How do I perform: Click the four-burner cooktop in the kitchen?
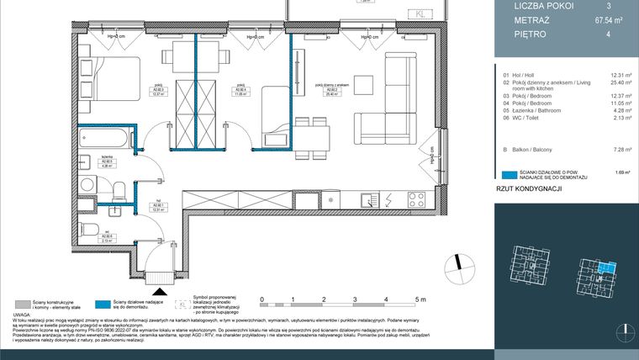[x=415, y=200]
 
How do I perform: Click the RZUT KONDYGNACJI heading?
[x=528, y=190]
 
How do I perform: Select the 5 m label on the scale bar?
[x=420, y=299]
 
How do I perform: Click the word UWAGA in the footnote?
[x=22, y=315]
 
